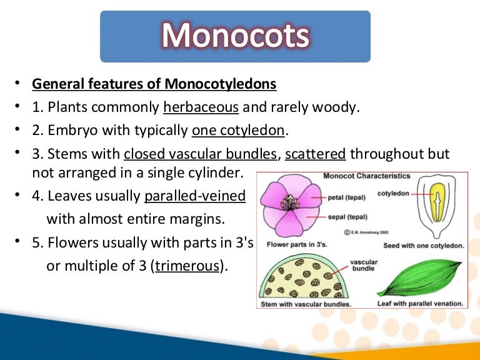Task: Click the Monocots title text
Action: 236,36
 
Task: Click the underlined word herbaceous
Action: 201,107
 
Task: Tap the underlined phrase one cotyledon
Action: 238,131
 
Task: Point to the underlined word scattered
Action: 316,154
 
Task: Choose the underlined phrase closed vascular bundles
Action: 201,154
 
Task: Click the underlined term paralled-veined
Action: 194,196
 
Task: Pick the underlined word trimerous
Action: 188,265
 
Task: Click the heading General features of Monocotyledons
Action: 154,83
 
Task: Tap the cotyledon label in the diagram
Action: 393,194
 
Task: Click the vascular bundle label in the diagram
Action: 363,266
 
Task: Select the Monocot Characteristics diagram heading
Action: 366,176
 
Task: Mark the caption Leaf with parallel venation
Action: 420,304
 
